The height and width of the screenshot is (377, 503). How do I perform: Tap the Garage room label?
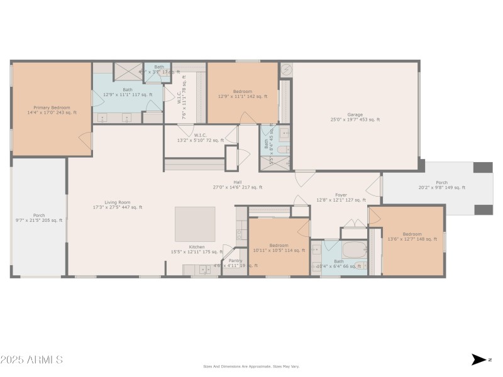click(355, 117)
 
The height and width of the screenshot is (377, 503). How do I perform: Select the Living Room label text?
click(118, 204)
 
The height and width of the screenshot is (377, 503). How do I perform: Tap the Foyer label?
click(341, 197)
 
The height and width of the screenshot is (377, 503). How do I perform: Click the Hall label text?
click(238, 184)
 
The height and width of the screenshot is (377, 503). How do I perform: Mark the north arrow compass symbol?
click(478, 359)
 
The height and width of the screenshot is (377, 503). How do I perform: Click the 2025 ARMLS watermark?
click(31, 360)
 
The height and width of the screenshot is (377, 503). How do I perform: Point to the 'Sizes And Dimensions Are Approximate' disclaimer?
click(251, 366)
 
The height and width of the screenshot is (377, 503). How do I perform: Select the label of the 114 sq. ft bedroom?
click(279, 248)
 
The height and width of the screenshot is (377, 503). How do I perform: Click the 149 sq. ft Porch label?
click(441, 185)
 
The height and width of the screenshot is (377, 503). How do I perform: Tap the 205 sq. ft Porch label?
click(38, 217)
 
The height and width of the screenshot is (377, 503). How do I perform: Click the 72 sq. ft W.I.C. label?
click(201, 138)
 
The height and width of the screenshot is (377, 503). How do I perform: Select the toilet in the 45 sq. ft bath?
click(284, 150)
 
